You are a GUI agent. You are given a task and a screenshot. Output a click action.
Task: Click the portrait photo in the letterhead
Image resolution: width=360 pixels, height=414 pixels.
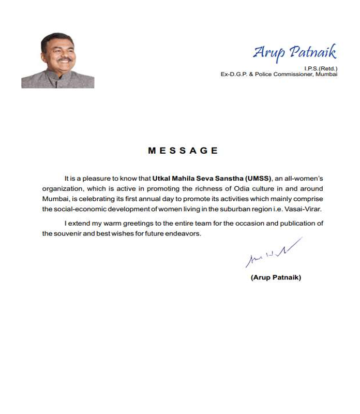(58, 61)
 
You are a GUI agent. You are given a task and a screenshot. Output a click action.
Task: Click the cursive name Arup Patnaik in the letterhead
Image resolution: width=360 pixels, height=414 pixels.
(294, 53)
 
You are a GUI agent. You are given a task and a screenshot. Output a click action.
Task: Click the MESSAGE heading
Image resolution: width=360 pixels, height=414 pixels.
(183, 151)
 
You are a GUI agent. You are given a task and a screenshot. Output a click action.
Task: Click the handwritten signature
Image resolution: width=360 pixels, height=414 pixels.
(273, 253)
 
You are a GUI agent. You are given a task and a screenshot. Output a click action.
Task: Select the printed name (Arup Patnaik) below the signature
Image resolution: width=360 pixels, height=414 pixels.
(276, 277)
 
